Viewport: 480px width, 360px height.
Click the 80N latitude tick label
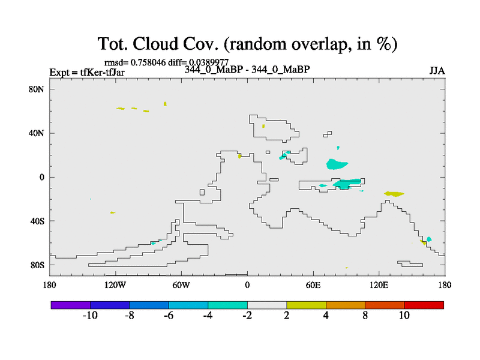pos(37,89)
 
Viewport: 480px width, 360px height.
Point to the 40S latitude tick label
pos(37,221)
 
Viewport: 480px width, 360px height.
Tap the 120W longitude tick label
pos(115,286)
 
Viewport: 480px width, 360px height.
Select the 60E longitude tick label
pos(313,286)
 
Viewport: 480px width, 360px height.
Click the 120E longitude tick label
pos(379,286)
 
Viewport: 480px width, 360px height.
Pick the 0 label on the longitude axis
pos(247,286)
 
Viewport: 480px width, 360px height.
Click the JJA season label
pos(437,71)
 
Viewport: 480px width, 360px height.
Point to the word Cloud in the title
pos(155,43)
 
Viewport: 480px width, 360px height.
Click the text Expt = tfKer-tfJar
pos(87,72)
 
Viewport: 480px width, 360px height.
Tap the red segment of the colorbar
pos(424,305)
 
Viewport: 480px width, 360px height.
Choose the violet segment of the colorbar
pos(71,305)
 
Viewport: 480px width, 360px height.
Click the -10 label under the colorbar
pos(90,316)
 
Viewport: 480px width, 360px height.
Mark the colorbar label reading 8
pos(365,316)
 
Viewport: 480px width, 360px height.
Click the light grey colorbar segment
pos(267,305)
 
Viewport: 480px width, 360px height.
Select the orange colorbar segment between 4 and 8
pos(346,305)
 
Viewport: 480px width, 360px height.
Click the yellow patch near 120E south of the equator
pos(394,194)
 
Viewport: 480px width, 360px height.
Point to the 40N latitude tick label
pos(37,133)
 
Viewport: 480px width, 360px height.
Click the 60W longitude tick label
pos(181,286)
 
